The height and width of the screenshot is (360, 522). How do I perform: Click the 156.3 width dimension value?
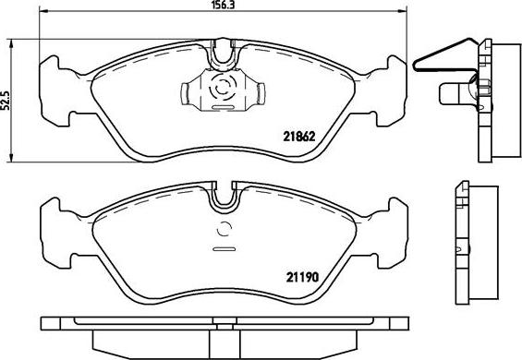pos(223,5)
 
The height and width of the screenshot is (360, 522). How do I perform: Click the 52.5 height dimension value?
pos(6,100)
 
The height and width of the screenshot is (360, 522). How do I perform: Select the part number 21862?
pos(299,137)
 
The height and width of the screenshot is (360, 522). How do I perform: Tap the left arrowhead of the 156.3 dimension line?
pos(44,11)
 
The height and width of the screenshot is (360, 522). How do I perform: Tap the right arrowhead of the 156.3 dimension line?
pos(403,11)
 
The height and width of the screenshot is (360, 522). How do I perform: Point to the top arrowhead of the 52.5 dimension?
pos(12,43)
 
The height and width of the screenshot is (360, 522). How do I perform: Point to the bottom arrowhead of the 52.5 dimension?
pos(12,158)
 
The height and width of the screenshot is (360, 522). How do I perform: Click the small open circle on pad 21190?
pos(225,229)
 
